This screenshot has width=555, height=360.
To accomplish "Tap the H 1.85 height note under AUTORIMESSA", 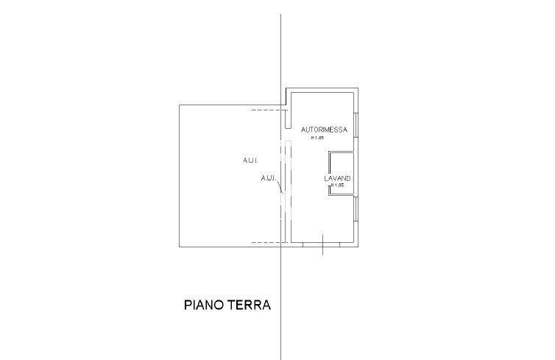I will (x=317, y=138).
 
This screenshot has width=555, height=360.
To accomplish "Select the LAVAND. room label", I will (x=340, y=179).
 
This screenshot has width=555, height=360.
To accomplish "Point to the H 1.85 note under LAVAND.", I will (x=338, y=186).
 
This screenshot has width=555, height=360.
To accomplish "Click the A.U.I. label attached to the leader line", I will (x=268, y=178).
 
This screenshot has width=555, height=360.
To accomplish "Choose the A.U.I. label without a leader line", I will (x=250, y=160).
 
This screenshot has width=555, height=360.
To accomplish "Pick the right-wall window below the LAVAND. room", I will (x=357, y=211).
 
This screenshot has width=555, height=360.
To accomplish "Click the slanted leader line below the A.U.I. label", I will (x=280, y=189).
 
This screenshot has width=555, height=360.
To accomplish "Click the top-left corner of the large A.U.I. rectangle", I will (x=180, y=105).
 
